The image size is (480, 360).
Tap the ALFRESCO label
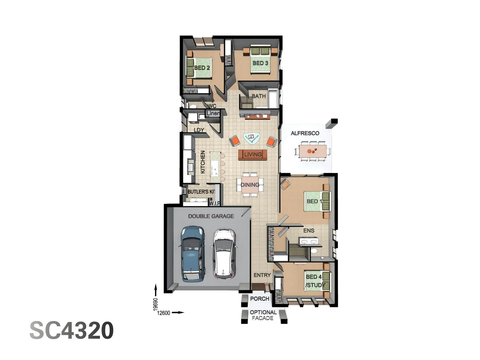[x=305, y=133]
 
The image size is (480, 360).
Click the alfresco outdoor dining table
[x=313, y=151]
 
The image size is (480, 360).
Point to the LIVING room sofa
[x=253, y=155]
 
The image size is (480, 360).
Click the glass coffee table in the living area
[x=252, y=138]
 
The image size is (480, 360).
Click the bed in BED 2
[x=199, y=68]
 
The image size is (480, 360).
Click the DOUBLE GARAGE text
[x=211, y=216]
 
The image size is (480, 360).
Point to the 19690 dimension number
[x=155, y=304]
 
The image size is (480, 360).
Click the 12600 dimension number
[x=164, y=313]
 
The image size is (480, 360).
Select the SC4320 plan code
[x=72, y=331]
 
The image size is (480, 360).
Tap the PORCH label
[x=259, y=299]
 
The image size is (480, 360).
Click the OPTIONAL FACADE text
[x=263, y=315]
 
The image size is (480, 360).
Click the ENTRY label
[x=262, y=275]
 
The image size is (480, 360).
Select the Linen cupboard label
[x=213, y=113]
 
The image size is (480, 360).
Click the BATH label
[x=259, y=96]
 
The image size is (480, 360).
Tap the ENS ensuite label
[x=309, y=231]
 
